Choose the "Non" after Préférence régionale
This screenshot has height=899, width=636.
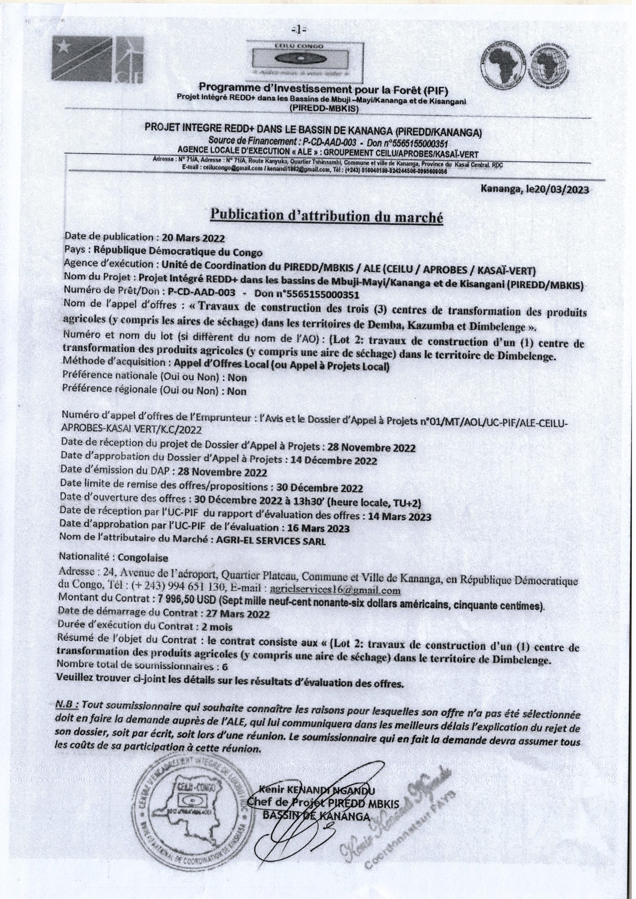click(x=237, y=391)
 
